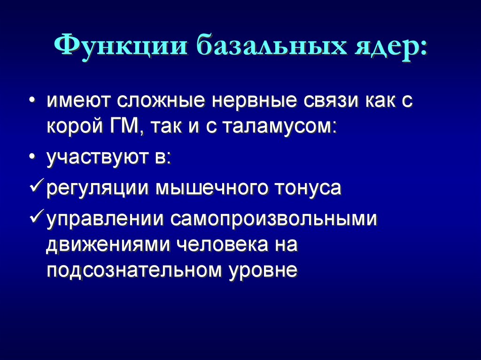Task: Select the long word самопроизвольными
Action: click(274, 220)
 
